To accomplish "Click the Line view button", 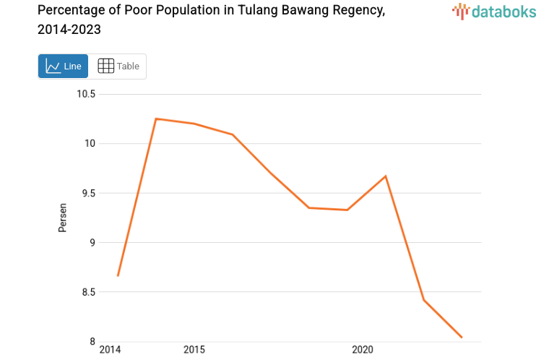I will pyautogui.click(x=63, y=67).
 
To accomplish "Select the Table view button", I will pyautogui.click(x=118, y=67).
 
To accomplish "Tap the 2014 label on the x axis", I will pyautogui.click(x=110, y=351).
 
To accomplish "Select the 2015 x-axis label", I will pyautogui.click(x=194, y=351).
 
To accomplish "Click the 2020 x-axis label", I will pyautogui.click(x=362, y=351).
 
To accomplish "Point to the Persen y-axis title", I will pyautogui.click(x=63, y=218).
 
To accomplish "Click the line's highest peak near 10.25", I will pyautogui.click(x=156, y=119).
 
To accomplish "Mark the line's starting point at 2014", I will pyautogui.click(x=118, y=275).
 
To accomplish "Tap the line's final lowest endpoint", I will pyautogui.click(x=462, y=338).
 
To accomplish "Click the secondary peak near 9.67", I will pyautogui.click(x=386, y=176).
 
